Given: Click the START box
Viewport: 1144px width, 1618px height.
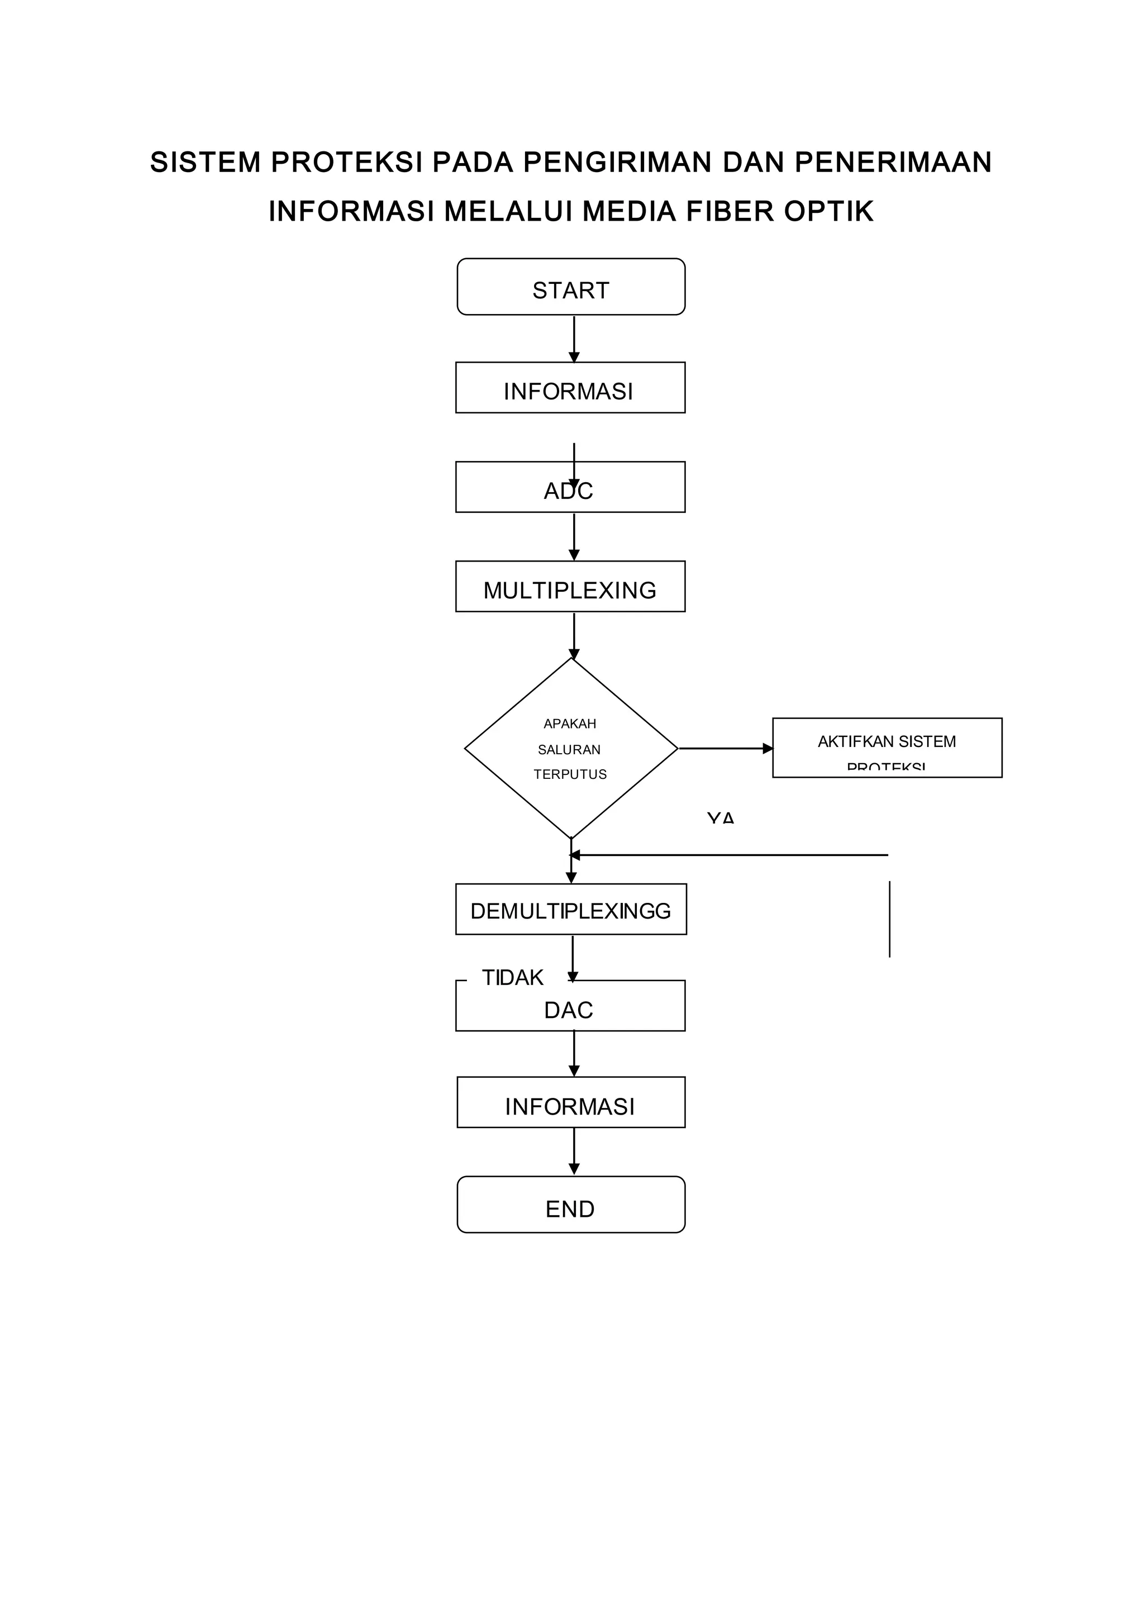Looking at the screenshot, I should click(x=570, y=287).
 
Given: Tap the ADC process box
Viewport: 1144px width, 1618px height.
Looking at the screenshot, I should click(x=570, y=487).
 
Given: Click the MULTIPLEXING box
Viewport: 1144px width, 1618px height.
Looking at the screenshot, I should click(x=570, y=586).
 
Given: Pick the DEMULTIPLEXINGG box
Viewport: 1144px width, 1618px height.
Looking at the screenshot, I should click(x=570, y=909).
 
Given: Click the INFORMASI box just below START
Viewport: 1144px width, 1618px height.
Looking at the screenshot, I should click(x=570, y=388).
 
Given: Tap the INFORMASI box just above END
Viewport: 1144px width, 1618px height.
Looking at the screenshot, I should click(x=570, y=1102).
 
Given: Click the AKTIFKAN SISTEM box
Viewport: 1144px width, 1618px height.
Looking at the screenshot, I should click(x=887, y=747).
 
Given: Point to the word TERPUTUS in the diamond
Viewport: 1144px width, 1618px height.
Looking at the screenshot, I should click(x=570, y=774).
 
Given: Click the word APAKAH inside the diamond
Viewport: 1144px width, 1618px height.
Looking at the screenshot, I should click(x=570, y=723).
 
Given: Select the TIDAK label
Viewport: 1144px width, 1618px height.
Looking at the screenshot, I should click(x=512, y=977).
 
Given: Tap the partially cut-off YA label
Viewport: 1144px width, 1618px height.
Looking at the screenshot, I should click(x=721, y=817).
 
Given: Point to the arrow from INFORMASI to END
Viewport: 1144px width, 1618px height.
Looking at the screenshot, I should click(x=574, y=1151).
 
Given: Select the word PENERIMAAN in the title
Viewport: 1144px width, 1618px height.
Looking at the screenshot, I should click(x=893, y=162).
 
